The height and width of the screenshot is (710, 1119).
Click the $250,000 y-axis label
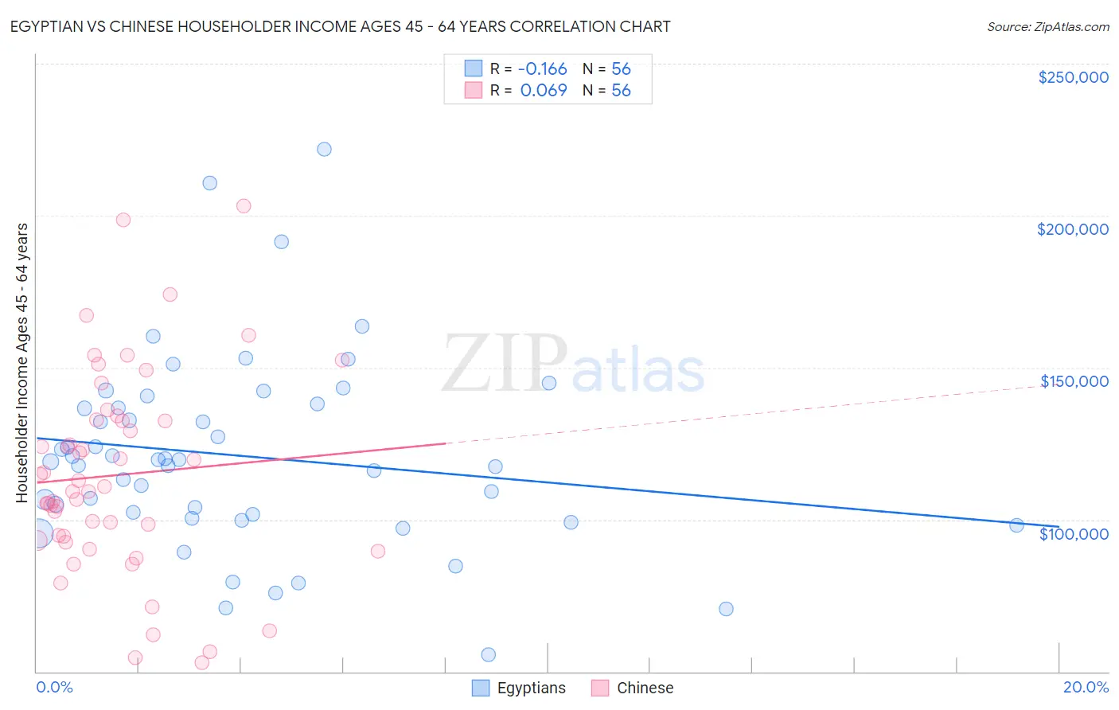pyautogui.click(x=1073, y=77)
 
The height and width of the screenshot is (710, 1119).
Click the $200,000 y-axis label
pyautogui.click(x=1072, y=229)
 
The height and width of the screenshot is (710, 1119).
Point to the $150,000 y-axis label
pyautogui.click(x=1074, y=381)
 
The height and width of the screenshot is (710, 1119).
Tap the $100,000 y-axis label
pyautogui.click(x=1074, y=534)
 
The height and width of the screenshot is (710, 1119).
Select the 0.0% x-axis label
pyautogui.click(x=54, y=687)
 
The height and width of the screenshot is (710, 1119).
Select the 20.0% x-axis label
pyautogui.click(x=1086, y=687)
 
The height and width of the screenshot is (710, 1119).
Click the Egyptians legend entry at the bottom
pyautogui.click(x=519, y=688)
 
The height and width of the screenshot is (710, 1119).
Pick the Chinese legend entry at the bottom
pyautogui.click(x=633, y=688)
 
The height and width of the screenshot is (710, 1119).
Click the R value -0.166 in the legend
pyautogui.click(x=543, y=69)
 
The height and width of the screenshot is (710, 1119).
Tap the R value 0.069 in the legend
pyautogui.click(x=543, y=91)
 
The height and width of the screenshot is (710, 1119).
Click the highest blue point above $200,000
pyautogui.click(x=324, y=149)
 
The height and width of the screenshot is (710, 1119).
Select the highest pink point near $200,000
pyautogui.click(x=244, y=205)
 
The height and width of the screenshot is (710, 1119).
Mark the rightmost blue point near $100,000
pyautogui.click(x=1016, y=525)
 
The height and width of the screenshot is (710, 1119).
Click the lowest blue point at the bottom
pyautogui.click(x=489, y=654)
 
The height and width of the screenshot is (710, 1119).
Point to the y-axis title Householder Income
pyautogui.click(x=22, y=363)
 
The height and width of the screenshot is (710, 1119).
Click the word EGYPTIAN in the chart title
pyautogui.click(x=49, y=26)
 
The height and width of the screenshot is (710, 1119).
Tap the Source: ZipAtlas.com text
pyautogui.click(x=1047, y=26)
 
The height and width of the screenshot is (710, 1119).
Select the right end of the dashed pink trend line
pyautogui.click(x=1059, y=384)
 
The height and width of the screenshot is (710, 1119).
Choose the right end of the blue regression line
pyautogui.click(x=1059, y=527)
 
